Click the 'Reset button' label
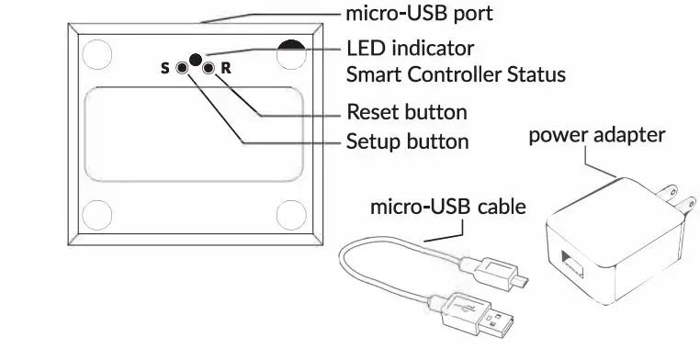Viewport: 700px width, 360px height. tap(407, 113)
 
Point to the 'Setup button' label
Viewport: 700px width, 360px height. tap(407, 142)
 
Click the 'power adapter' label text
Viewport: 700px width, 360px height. tap(596, 136)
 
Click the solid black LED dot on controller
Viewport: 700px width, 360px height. tap(195, 61)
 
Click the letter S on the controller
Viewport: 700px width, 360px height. tap(165, 69)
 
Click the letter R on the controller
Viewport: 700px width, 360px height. tap(226, 69)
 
